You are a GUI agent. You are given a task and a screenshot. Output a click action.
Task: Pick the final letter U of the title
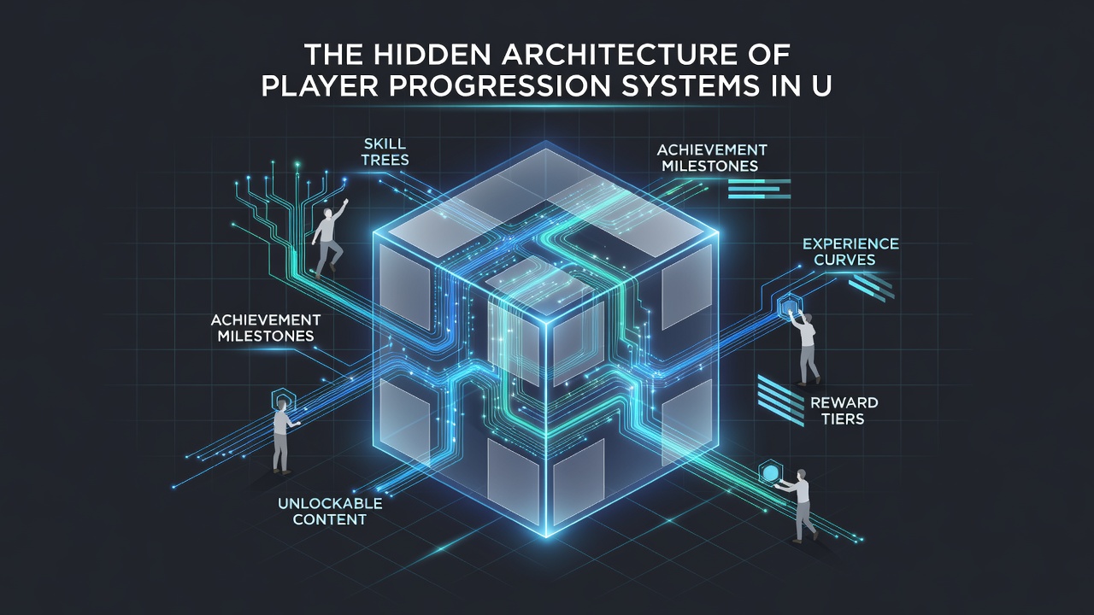pyautogui.click(x=821, y=86)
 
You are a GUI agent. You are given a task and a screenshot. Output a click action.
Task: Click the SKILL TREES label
pyautogui.click(x=385, y=152)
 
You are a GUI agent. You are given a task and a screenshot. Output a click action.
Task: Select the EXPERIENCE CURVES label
pyautogui.click(x=850, y=251)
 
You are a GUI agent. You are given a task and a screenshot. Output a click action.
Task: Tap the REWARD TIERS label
pyautogui.click(x=844, y=411)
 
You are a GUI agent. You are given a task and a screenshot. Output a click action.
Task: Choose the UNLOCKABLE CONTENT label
pyautogui.click(x=330, y=511)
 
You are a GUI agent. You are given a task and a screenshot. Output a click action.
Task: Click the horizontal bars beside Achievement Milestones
pyautogui.click(x=759, y=189)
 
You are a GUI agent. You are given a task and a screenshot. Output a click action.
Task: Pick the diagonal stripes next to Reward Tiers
pyautogui.click(x=780, y=401)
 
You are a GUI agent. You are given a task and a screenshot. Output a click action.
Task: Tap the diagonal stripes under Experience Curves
pyautogui.click(x=872, y=286)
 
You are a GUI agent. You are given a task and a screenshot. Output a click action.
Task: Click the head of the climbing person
pyautogui.click(x=328, y=214)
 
